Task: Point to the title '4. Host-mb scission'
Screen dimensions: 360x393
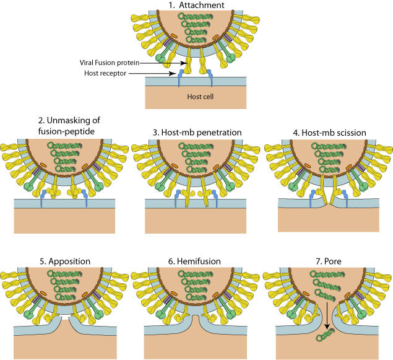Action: click(327, 133)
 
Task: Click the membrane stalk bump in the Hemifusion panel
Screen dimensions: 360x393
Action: click(196, 320)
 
